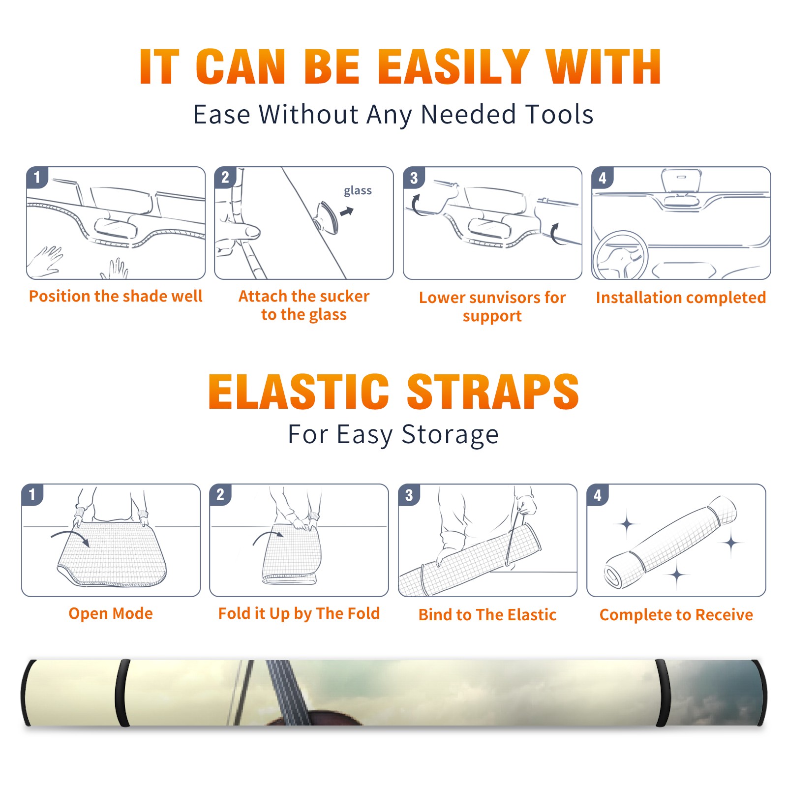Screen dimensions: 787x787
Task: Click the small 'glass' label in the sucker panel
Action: tap(358, 191)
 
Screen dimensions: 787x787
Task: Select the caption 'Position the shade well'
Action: tap(116, 296)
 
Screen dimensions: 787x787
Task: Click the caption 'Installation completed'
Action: tap(681, 298)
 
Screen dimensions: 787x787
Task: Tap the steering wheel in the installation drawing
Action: tap(620, 256)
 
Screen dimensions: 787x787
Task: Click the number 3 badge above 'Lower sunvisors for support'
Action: tap(414, 178)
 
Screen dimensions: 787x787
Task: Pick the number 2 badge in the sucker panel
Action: tap(225, 178)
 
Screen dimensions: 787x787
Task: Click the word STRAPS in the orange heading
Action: tap(493, 392)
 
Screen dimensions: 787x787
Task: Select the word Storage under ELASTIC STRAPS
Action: tap(450, 435)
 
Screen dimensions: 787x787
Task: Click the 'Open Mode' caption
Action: tap(111, 613)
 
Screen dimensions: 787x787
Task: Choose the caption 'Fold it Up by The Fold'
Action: tap(299, 614)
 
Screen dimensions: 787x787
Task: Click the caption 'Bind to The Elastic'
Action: tap(487, 615)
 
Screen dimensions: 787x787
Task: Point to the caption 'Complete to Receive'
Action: tap(676, 615)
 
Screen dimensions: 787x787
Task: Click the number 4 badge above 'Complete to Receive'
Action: tap(598, 495)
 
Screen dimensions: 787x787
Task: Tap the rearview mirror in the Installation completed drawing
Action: tap(681, 181)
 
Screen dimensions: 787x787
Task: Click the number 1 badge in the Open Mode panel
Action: tap(32, 495)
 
